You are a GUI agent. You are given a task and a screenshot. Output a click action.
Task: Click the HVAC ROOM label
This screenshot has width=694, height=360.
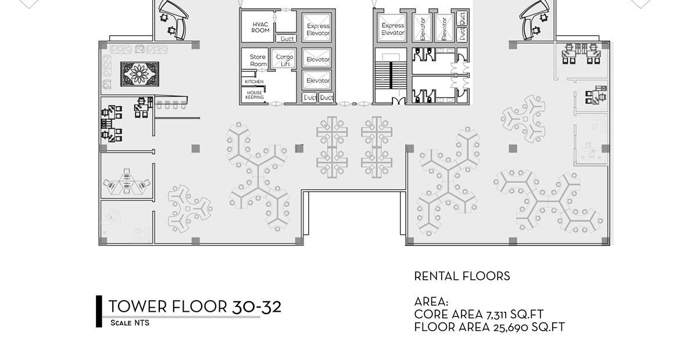point(260,27)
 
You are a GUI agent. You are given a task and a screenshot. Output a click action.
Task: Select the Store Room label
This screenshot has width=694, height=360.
point(257,60)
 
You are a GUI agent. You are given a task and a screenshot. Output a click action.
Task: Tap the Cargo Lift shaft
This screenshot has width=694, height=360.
point(284,60)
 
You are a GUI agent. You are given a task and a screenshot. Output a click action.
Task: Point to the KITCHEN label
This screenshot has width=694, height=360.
point(253,81)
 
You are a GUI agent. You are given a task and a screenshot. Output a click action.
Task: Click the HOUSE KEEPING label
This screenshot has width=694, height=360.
point(255,95)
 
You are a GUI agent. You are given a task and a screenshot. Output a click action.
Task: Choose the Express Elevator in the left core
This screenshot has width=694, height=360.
point(318,29)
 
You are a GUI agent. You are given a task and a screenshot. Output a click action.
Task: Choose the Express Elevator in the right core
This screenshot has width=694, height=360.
point(392,29)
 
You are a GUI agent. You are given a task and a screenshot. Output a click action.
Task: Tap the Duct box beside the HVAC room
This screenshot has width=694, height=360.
point(287,39)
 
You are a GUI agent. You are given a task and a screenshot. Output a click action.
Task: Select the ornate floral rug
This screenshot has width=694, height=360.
point(139,74)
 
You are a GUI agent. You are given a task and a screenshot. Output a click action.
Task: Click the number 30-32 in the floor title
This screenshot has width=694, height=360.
point(256,306)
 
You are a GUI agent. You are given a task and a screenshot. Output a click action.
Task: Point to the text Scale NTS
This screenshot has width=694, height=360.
point(130,323)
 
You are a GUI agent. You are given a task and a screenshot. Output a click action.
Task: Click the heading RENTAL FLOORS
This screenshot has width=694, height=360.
point(462,276)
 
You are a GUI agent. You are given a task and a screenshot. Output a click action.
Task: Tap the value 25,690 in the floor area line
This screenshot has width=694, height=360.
point(513,327)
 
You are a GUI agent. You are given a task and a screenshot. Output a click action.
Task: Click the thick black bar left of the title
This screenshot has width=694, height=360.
point(99,311)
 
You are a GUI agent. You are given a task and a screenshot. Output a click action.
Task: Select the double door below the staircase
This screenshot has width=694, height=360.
point(399,102)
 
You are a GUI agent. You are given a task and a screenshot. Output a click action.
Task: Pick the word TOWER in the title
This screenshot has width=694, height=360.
point(138,306)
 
